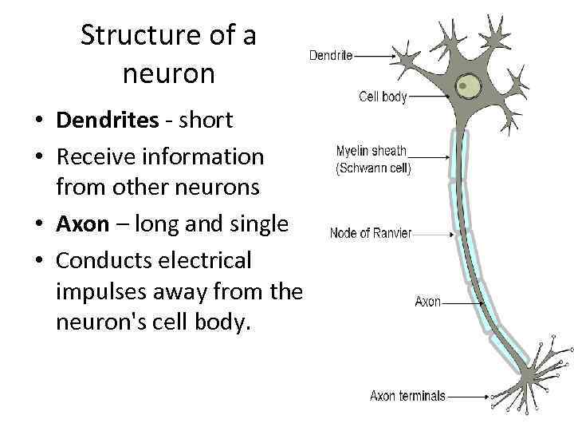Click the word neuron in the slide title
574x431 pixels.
point(169,73)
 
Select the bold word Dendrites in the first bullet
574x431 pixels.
point(108,121)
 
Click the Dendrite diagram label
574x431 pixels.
point(331,57)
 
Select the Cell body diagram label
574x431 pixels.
point(383,97)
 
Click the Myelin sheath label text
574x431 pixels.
point(372,150)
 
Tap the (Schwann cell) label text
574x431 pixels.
point(373,169)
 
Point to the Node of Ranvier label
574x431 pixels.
point(371,233)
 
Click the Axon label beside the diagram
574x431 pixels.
point(428,302)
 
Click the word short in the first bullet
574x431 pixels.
point(205,121)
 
